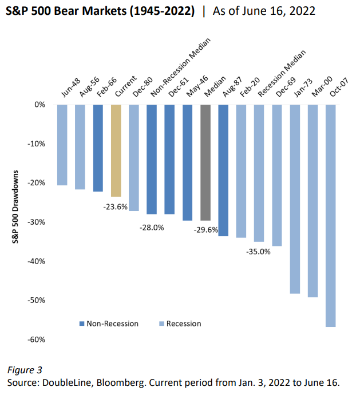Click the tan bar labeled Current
(x=116, y=150)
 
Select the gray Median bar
(x=205, y=162)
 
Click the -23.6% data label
(x=115, y=206)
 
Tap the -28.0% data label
(x=152, y=227)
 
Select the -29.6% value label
(x=204, y=230)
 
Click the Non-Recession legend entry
(x=109, y=324)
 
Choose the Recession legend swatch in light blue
(x=162, y=324)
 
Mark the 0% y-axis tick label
(x=39, y=105)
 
